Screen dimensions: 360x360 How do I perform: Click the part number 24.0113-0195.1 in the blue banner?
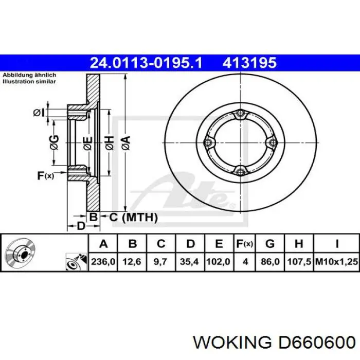pyautogui.click(x=146, y=63)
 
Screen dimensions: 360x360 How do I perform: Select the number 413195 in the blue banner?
pyautogui.click(x=249, y=63)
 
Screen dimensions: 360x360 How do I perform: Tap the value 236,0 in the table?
pyautogui.click(x=103, y=261)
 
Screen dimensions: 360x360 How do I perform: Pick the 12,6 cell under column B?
pyautogui.click(x=132, y=261)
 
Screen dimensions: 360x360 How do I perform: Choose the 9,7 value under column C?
pyautogui.click(x=160, y=261)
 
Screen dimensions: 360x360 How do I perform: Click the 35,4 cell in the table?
pyautogui.click(x=189, y=261)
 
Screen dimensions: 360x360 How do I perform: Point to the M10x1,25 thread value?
pyautogui.click(x=336, y=261)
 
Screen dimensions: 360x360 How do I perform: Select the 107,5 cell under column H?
pyautogui.click(x=299, y=261)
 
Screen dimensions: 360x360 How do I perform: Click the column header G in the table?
pyautogui.click(x=270, y=244)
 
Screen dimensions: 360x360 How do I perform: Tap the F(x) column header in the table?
pyautogui.click(x=245, y=244)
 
